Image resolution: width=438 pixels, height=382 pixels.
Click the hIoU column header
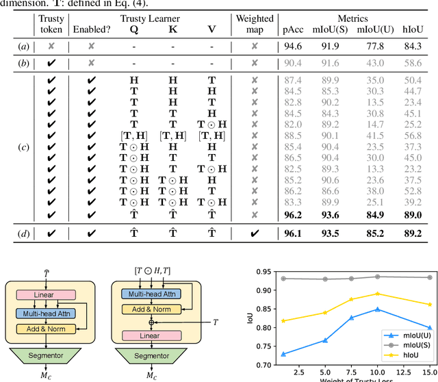coord(412,29)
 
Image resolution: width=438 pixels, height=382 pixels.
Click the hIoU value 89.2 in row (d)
coord(412,233)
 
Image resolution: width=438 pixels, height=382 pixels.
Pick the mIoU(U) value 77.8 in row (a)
coord(374,46)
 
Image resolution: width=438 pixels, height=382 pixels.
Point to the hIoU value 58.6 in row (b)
coord(412,63)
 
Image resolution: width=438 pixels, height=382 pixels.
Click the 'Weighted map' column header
coord(255,24)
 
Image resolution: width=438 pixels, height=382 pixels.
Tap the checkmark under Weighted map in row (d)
coord(255,233)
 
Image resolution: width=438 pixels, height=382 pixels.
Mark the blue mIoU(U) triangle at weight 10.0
coord(377,309)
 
